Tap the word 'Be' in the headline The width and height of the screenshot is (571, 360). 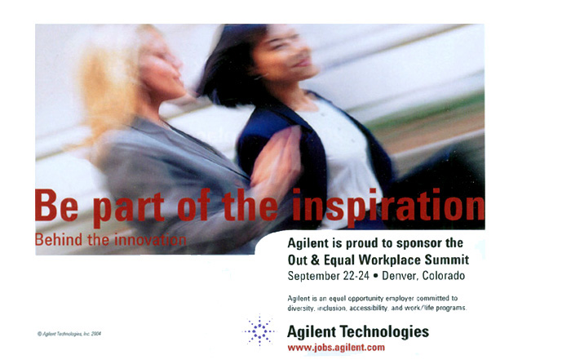tap(57, 205)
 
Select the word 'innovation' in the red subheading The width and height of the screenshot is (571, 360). tap(150, 240)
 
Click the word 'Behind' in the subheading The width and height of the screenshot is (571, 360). tap(59, 240)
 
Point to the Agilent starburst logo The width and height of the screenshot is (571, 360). tap(259, 331)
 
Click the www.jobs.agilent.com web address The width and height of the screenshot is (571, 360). tap(336, 348)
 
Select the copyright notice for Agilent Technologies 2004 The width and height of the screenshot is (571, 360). tap(69, 334)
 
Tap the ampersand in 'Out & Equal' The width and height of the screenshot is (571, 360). tap(315, 260)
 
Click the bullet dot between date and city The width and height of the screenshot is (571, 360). tap(375, 276)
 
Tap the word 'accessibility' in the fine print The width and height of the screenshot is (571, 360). tap(369, 309)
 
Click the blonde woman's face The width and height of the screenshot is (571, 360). tap(162, 64)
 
